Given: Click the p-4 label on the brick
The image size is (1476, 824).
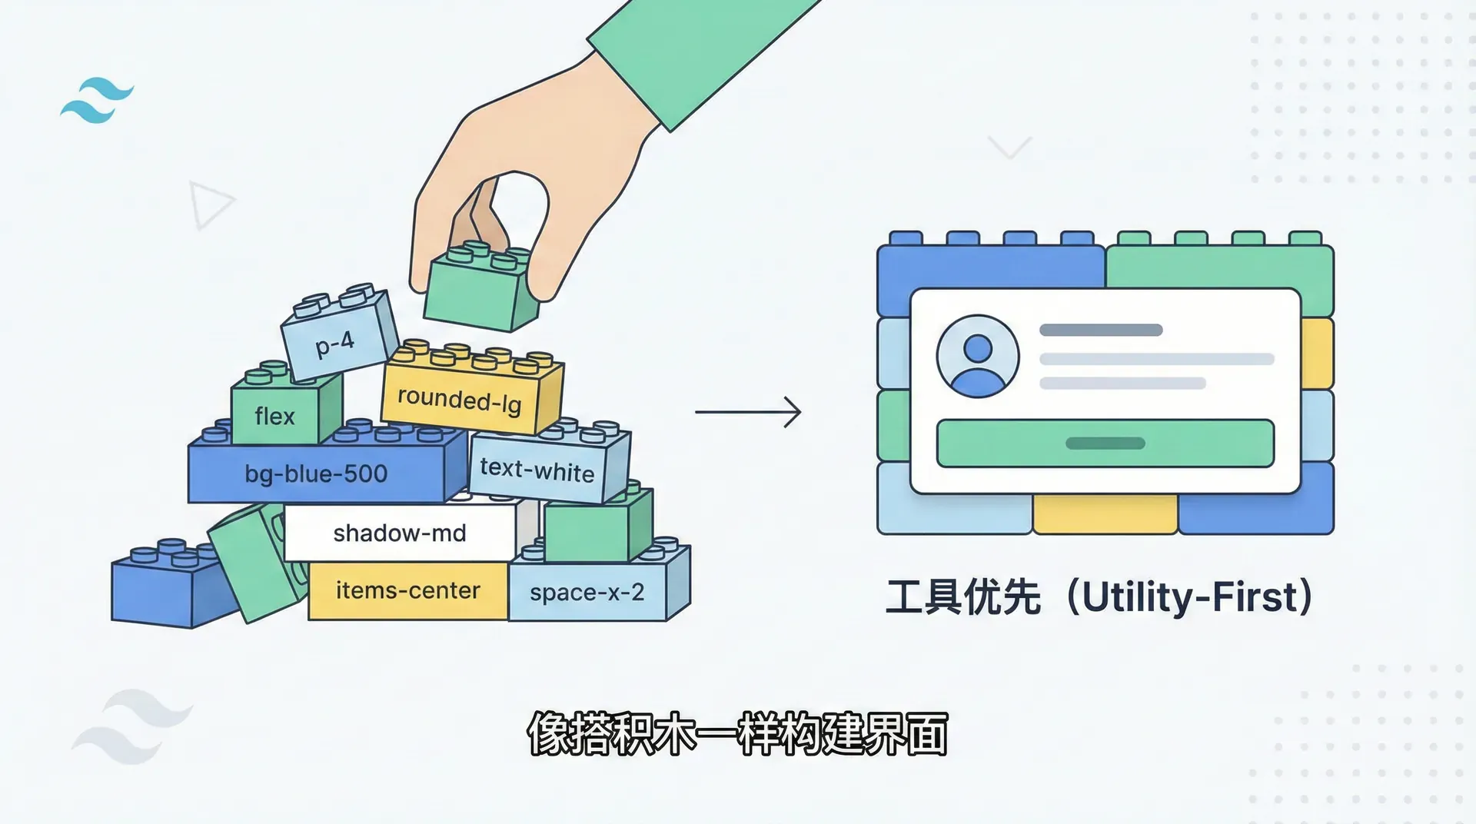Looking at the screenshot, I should pos(335,343).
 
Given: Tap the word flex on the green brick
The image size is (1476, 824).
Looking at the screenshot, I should pos(274,417).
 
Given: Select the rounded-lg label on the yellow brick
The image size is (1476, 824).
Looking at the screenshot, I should pos(459,400).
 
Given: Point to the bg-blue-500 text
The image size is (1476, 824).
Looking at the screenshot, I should pos(316,473).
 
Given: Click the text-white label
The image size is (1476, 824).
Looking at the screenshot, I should pos(537,469).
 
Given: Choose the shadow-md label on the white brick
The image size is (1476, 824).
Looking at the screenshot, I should pos(400,533).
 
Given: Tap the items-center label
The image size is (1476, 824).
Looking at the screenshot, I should pos(407,590).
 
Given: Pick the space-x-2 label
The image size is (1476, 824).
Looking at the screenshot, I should pos(587,593).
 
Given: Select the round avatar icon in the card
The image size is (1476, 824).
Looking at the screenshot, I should pos(977,356).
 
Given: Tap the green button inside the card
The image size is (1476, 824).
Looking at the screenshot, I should pos(1105,444).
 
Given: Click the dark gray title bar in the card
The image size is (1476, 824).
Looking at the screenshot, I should pos(1100,331).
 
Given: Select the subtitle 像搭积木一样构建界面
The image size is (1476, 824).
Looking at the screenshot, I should pos(737,734).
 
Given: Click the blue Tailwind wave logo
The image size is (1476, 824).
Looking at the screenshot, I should pos(98,100).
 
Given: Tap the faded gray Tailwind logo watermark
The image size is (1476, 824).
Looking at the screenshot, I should pos(131,726).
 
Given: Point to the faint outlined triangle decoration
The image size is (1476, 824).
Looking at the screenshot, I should pos(208,204).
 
